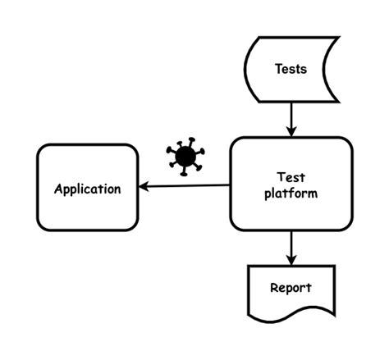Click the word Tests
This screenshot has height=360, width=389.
click(291, 69)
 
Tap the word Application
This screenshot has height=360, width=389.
click(88, 189)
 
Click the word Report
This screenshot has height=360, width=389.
click(291, 288)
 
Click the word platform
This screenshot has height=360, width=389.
click(291, 194)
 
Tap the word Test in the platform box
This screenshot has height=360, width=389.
click(291, 176)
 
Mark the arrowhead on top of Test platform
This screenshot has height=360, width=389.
click(291, 131)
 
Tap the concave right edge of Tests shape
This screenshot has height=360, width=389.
click(328, 69)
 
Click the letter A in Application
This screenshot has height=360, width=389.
click(58, 189)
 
